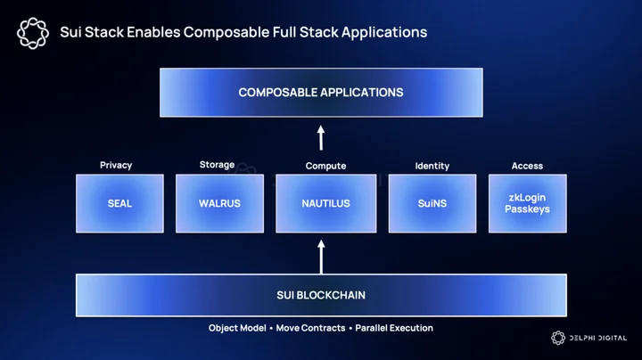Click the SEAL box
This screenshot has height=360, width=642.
[x=120, y=203]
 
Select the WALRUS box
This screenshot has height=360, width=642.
[x=220, y=203]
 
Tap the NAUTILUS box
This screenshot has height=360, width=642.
[x=326, y=203]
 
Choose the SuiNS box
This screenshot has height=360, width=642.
[x=432, y=203]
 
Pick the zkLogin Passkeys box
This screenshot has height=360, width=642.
[x=528, y=203]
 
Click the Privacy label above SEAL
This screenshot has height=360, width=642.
[x=116, y=165]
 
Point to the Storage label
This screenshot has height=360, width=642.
[x=217, y=165]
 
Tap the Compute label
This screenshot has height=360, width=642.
[x=326, y=166]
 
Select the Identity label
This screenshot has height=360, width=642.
[x=432, y=166]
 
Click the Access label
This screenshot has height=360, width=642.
[x=527, y=166]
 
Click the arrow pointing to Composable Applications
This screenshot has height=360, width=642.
[x=321, y=138]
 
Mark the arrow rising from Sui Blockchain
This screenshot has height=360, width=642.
[x=321, y=257]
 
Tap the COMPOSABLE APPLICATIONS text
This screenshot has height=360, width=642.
[x=321, y=93]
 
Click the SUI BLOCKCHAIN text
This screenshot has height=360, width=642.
[x=321, y=295]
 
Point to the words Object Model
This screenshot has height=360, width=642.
[x=237, y=328]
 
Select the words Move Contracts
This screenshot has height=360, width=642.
[x=310, y=328]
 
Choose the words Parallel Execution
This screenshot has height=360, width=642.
[x=394, y=328]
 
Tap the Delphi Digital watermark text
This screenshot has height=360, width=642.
[x=598, y=338]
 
